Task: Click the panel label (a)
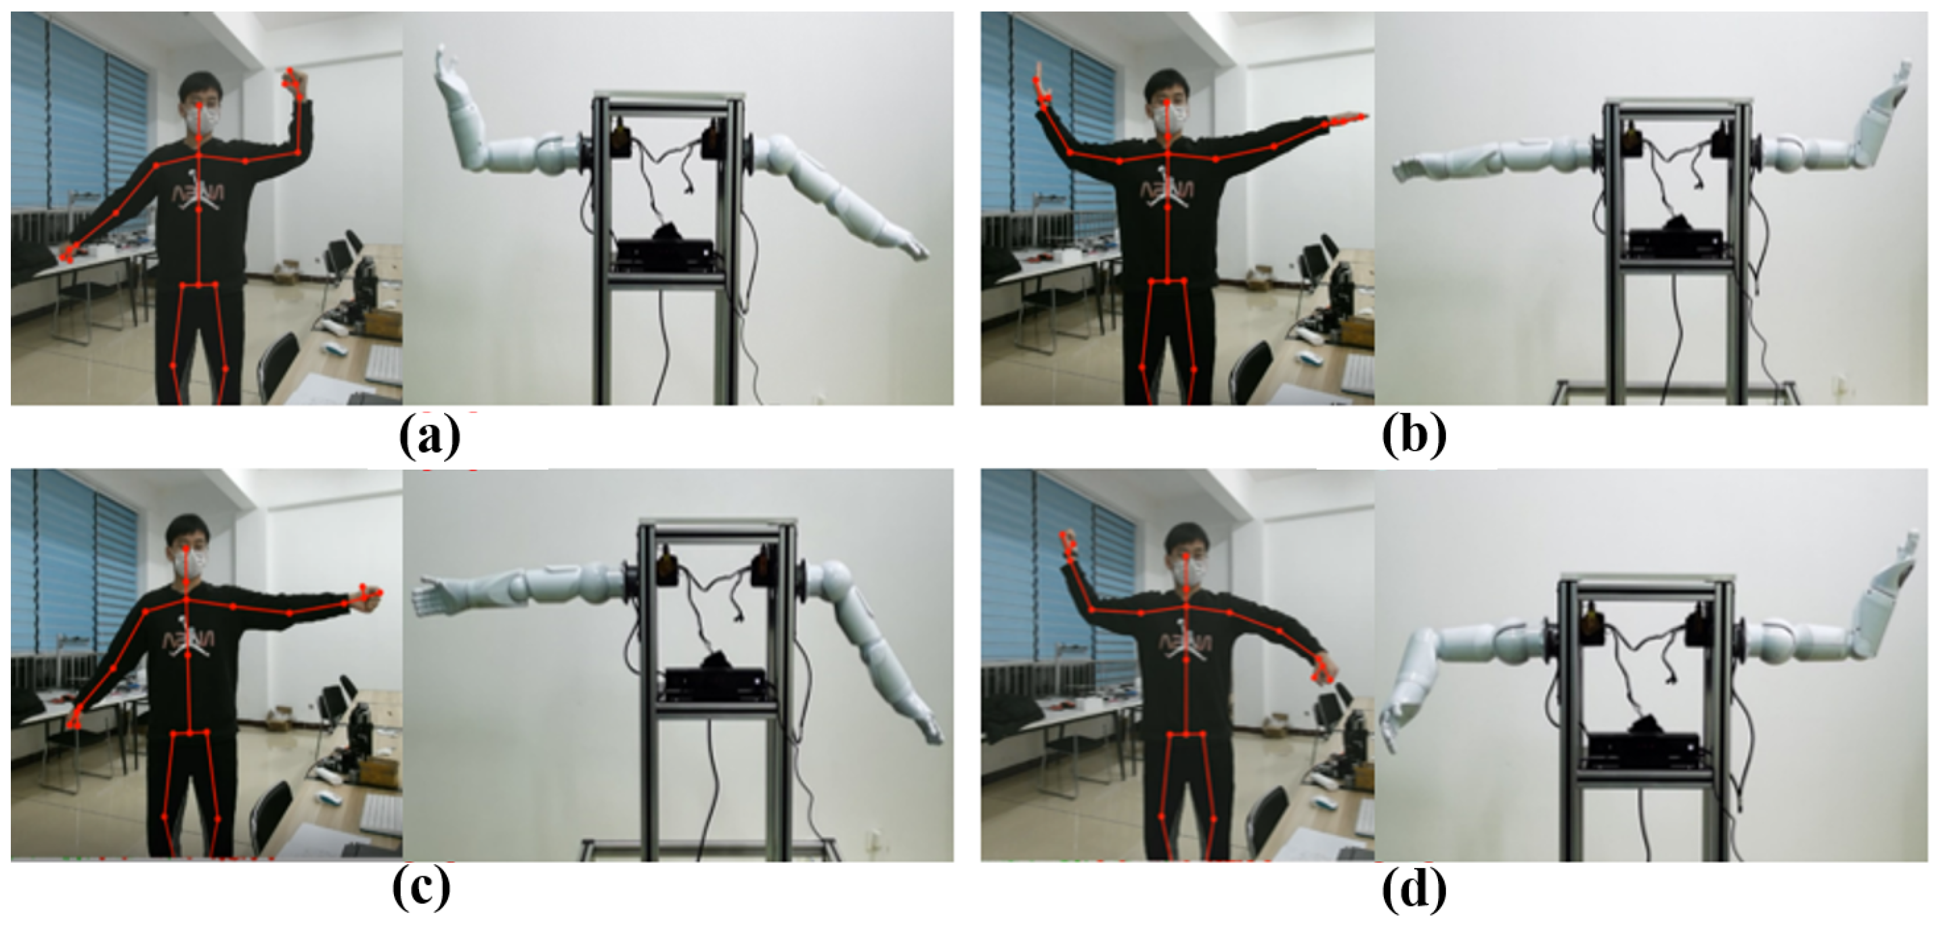tap(429, 435)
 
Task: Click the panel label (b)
tap(1414, 435)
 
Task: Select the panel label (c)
tap(421, 889)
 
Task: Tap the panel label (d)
tap(1414, 889)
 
